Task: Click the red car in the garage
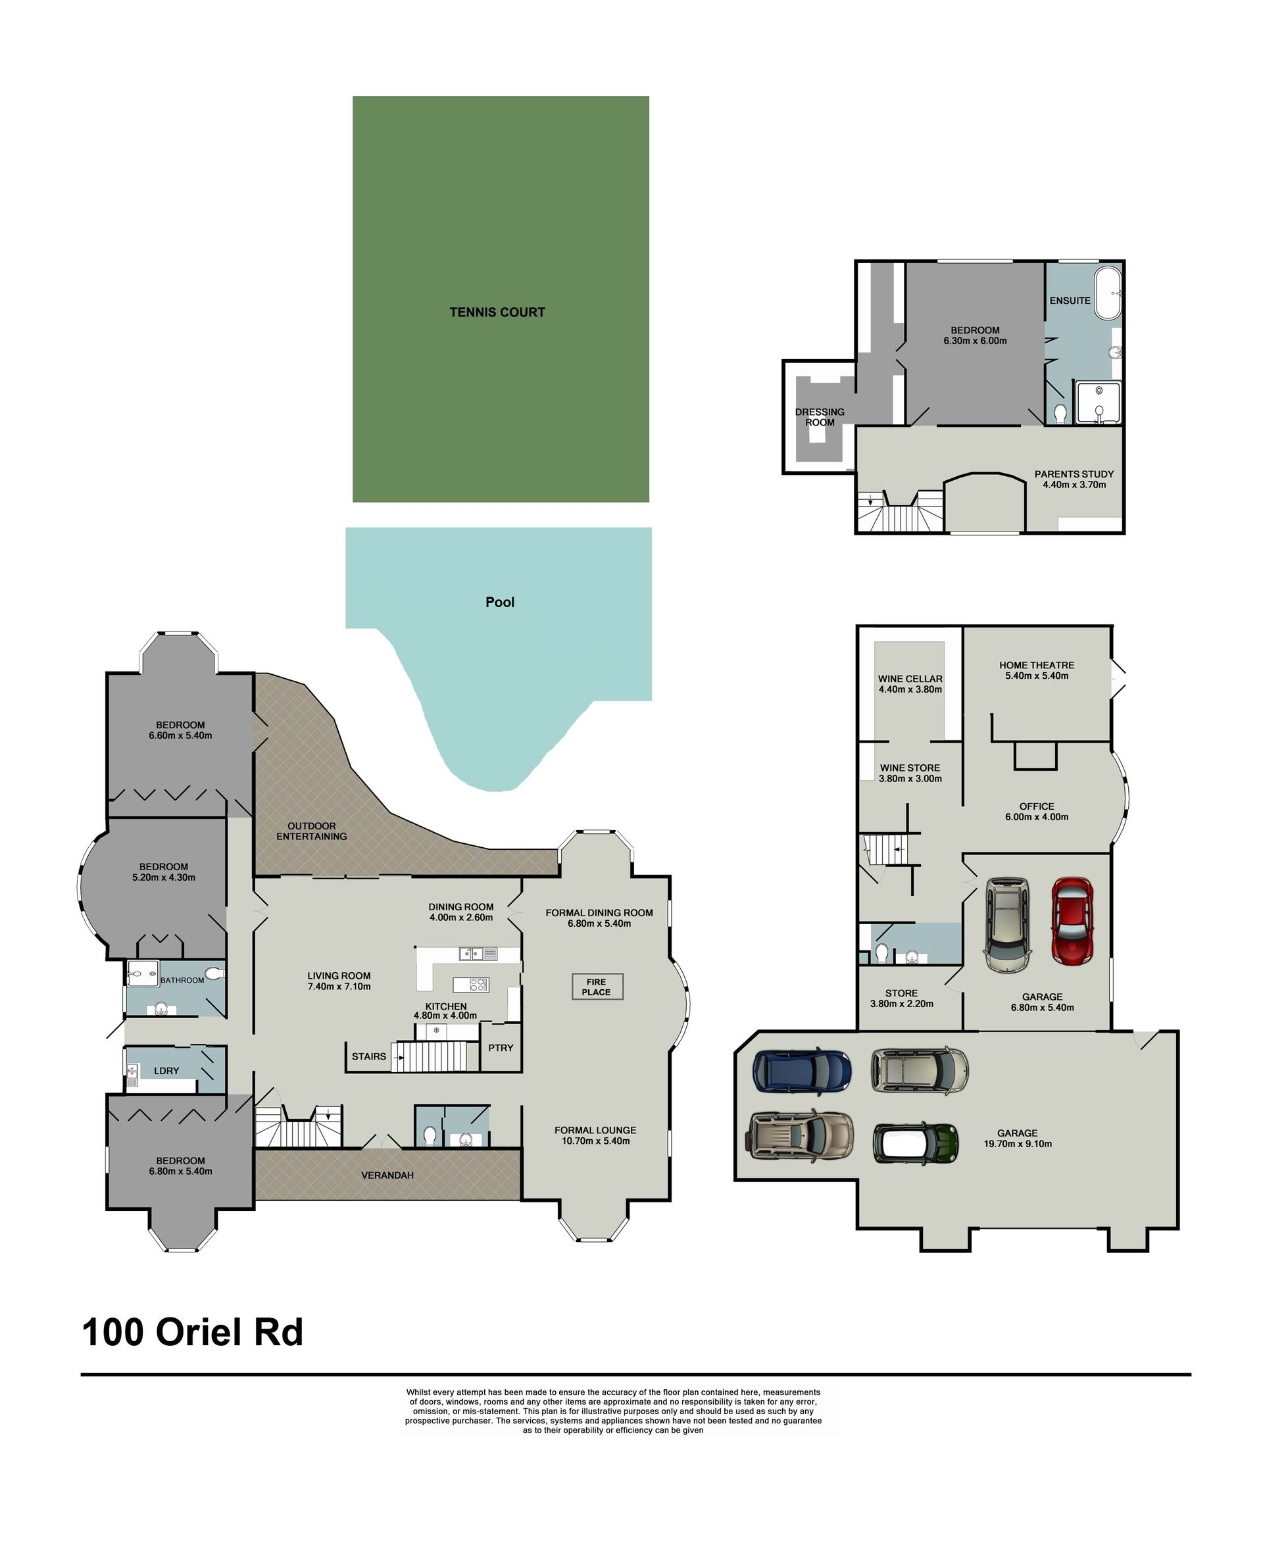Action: click(1072, 922)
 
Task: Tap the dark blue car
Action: click(802, 1070)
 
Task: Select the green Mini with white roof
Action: click(915, 1143)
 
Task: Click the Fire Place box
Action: click(597, 987)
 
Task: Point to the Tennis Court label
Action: click(497, 312)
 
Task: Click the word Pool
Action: click(500, 602)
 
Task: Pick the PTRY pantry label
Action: click(501, 1048)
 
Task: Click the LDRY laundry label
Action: click(166, 1070)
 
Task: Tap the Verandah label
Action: click(387, 1175)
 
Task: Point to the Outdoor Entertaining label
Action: click(311, 831)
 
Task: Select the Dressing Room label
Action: click(820, 417)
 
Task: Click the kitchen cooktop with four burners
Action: click(479, 985)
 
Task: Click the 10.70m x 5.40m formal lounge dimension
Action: click(596, 1141)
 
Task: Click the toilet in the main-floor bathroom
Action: click(214, 973)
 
